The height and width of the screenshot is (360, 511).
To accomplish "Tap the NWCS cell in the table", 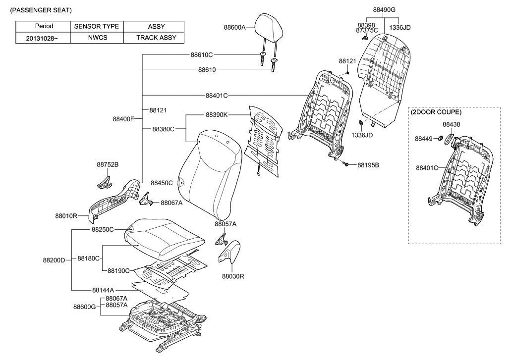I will [x=97, y=37].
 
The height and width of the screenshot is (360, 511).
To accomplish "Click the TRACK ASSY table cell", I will [x=153, y=37].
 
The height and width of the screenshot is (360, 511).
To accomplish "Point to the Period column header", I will [x=44, y=26].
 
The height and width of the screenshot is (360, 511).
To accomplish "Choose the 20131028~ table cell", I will [x=44, y=37].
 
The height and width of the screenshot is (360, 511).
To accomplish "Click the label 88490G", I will [x=387, y=9].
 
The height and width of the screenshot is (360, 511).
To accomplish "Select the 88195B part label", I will [x=368, y=165].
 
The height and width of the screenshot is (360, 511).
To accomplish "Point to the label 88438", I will [x=451, y=125].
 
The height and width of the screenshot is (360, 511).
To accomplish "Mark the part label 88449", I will [x=424, y=139].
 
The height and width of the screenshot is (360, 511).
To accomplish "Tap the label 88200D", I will [x=54, y=259].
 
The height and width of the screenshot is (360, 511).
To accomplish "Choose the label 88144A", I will [x=103, y=290].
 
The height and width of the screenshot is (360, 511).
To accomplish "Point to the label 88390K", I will [x=217, y=115].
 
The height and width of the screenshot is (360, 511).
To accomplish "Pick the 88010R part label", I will [x=66, y=216].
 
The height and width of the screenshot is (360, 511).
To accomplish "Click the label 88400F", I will [x=123, y=119].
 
